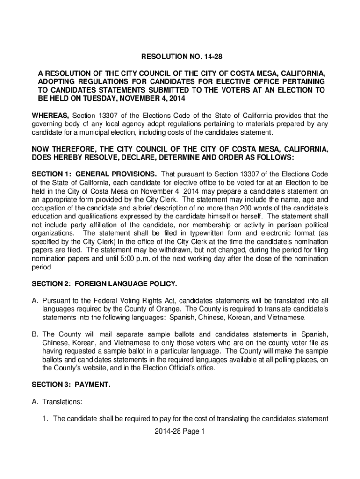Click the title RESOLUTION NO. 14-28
[180, 58]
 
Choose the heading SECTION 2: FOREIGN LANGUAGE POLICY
[104, 284]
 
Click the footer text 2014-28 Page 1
[180, 432]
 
